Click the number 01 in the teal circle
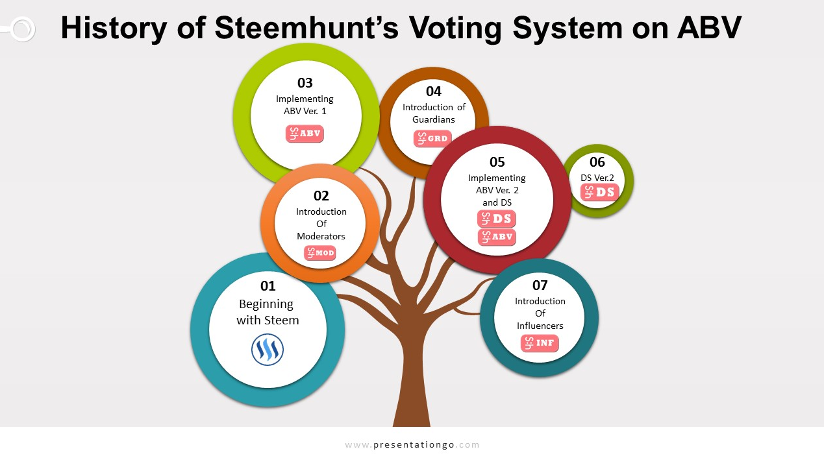click(268, 285)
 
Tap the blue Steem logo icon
click(268, 350)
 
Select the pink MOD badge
click(320, 253)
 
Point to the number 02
click(321, 195)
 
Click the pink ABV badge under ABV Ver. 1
click(305, 134)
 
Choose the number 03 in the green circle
click(305, 82)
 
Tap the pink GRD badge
click(432, 139)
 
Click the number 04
click(434, 91)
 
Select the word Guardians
click(433, 119)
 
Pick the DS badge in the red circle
click(497, 219)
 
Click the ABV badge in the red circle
click(497, 237)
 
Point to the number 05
click(497, 162)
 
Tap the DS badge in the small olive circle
click(600, 192)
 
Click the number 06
click(597, 162)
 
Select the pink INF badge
click(540, 343)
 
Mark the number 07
click(540, 285)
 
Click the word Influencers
click(540, 326)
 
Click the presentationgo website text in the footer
click(412, 445)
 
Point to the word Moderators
click(321, 236)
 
